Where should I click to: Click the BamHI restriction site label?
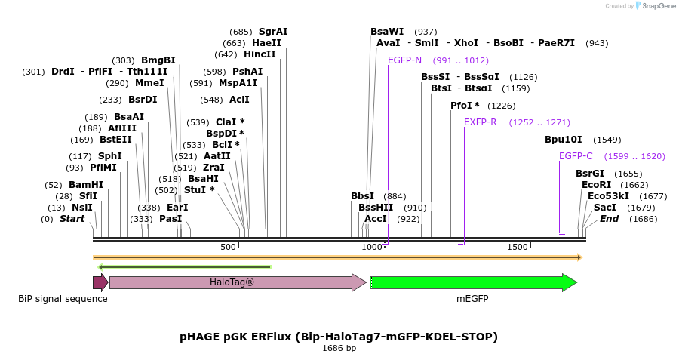86,185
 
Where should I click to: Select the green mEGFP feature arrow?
473,282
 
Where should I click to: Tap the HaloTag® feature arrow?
238,282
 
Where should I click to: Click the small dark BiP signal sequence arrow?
100,282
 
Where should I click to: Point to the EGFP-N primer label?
404,60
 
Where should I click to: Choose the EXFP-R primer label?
481,122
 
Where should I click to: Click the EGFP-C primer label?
576,156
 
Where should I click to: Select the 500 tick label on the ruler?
228,247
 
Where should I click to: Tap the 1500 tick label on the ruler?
518,247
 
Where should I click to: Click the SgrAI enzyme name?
273,32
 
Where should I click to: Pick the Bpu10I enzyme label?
564,140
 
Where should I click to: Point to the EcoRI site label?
596,185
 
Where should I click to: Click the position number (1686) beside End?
643,219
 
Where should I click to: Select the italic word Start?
72,219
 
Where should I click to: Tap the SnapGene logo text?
658,5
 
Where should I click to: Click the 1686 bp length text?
339,349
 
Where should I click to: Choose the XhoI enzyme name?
466,43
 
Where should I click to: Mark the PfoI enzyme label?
465,106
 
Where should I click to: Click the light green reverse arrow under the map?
185,267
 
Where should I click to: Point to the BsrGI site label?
590,174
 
